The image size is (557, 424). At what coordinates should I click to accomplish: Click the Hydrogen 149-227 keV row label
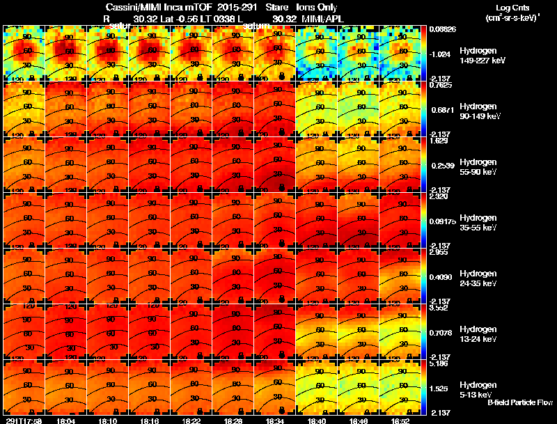click(x=482, y=56)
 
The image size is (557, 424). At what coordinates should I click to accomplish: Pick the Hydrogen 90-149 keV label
click(x=482, y=111)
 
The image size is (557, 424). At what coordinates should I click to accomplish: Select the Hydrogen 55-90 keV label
click(x=480, y=167)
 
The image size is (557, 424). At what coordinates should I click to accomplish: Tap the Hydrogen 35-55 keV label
click(x=480, y=223)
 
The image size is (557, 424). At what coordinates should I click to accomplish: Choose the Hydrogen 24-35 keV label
click(x=480, y=278)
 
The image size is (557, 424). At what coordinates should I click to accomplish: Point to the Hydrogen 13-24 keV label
click(x=480, y=334)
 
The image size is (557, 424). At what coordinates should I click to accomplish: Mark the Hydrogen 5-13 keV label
click(x=479, y=390)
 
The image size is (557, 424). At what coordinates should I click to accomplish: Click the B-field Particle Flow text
click(x=519, y=402)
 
